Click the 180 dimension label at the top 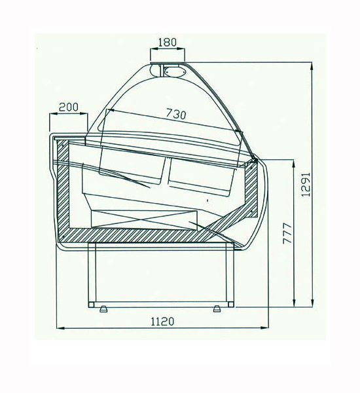tap(168, 42)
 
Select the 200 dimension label tap(68, 107)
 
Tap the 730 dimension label tap(176, 114)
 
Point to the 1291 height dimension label tap(306, 184)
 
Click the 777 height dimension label tap(287, 233)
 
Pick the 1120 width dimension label tap(162, 322)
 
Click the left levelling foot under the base tap(103, 309)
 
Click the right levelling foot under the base tap(217, 309)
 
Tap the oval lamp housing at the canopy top tap(175, 71)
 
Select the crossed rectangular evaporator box tap(144, 219)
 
